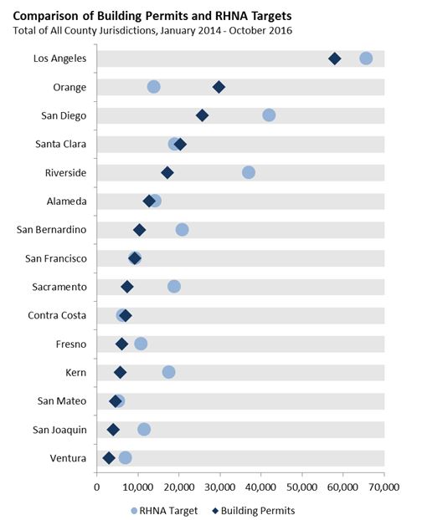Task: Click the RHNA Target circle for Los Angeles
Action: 366,58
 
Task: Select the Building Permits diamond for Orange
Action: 219,87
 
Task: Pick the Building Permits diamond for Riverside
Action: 167,172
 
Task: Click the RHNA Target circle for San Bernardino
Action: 182,229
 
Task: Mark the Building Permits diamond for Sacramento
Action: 127,287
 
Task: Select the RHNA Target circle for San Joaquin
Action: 144,429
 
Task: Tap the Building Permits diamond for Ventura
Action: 109,457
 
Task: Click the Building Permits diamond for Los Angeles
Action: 335,59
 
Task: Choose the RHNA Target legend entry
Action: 166,509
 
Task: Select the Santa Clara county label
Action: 59,144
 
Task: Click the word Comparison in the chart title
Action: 56,15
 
